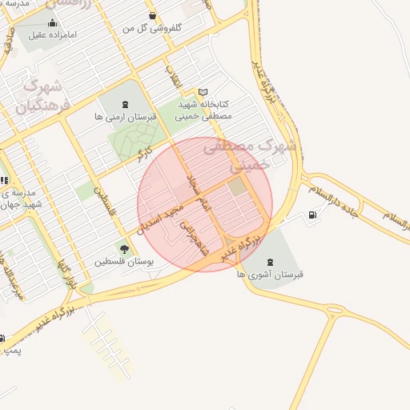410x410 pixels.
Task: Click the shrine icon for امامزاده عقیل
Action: click(x=53, y=22)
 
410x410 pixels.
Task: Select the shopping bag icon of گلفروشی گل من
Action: click(x=152, y=15)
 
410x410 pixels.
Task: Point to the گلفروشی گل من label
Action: click(x=152, y=27)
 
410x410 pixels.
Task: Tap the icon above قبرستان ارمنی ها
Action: click(x=124, y=103)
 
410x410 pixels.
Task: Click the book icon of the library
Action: click(x=203, y=92)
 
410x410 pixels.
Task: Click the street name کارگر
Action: click(x=151, y=154)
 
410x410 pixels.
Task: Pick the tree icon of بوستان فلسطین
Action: click(x=123, y=248)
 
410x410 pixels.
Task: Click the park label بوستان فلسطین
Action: click(x=123, y=261)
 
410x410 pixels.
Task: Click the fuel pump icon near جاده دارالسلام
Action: click(x=311, y=215)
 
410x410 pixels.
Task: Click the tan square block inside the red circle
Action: click(x=237, y=187)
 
